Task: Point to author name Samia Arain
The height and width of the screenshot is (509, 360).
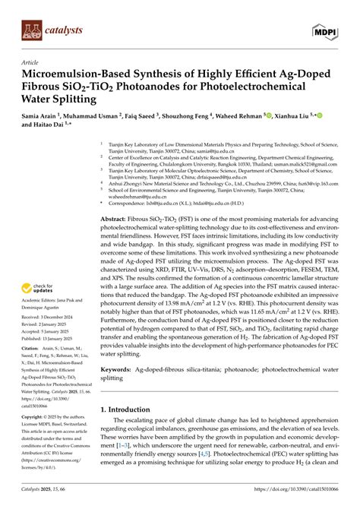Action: pos(49,119)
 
